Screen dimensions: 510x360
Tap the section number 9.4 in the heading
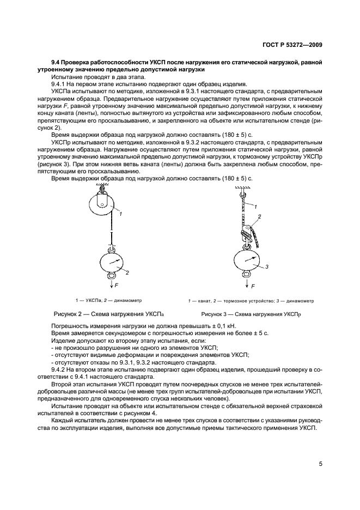click(56, 63)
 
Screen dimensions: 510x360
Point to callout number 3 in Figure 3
click(267, 266)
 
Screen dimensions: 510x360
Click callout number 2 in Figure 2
click(126, 271)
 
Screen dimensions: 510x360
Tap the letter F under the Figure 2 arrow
click(117, 285)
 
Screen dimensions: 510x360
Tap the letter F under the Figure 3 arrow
click(253, 286)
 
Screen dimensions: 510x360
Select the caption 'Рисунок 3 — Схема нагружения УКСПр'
click(251, 314)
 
